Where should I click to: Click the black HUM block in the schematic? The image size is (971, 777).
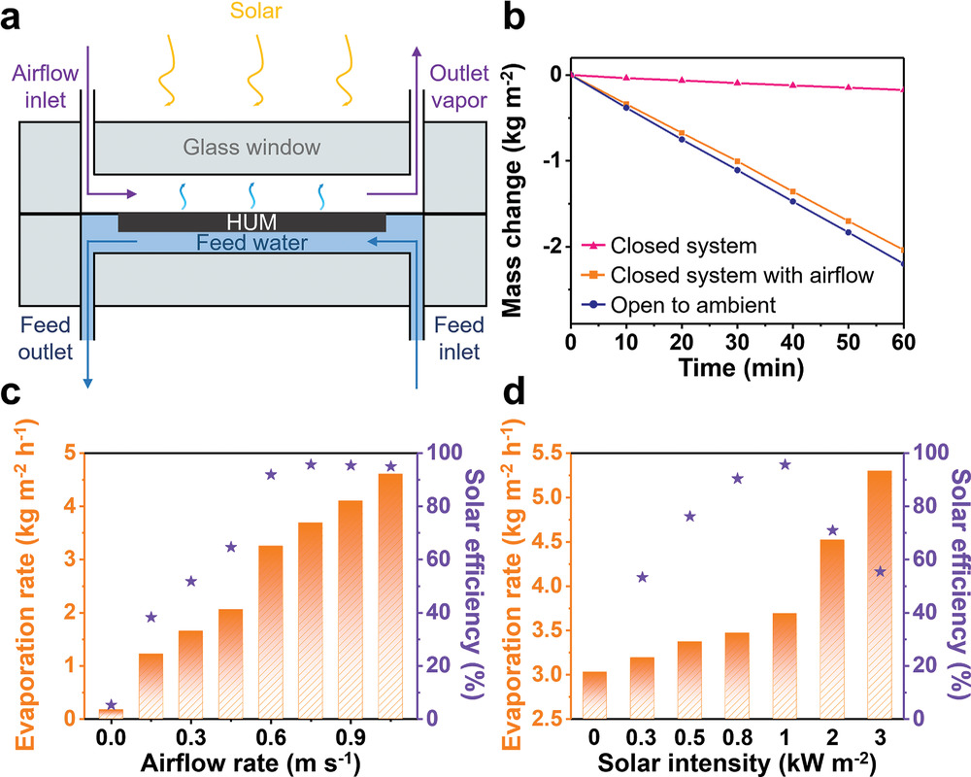tap(252, 222)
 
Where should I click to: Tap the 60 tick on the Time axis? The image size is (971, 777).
tap(903, 343)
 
